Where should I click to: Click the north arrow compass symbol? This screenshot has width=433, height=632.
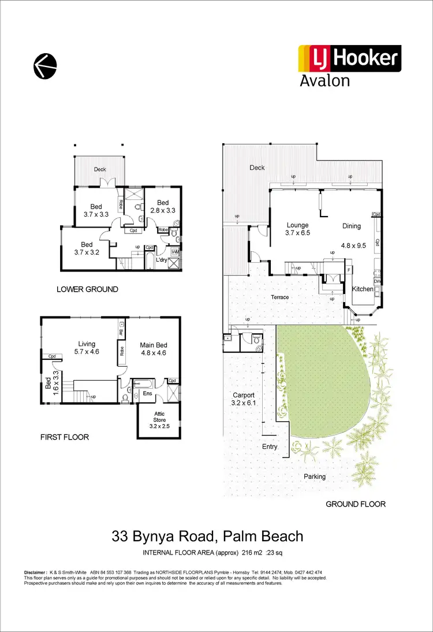click(x=45, y=65)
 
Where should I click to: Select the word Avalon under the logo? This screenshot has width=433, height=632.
click(x=325, y=80)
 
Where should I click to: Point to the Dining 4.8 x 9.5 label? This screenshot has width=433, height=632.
click(x=351, y=231)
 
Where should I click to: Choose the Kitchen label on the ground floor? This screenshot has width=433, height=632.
click(x=364, y=288)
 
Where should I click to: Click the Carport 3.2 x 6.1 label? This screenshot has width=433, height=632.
click(x=244, y=400)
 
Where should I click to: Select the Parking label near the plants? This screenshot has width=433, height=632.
click(x=315, y=477)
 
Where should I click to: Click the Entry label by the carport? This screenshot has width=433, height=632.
click(x=270, y=447)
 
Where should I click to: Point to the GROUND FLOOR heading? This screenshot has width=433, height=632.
click(x=356, y=504)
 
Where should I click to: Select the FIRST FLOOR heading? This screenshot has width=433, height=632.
click(x=65, y=437)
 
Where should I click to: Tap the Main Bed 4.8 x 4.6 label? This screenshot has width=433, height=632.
click(x=154, y=349)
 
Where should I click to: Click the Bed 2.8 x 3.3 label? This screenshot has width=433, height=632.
click(x=163, y=206)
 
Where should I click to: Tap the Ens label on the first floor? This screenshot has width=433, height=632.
click(x=147, y=394)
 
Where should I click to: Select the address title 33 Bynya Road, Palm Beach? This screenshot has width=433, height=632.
click(x=207, y=536)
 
